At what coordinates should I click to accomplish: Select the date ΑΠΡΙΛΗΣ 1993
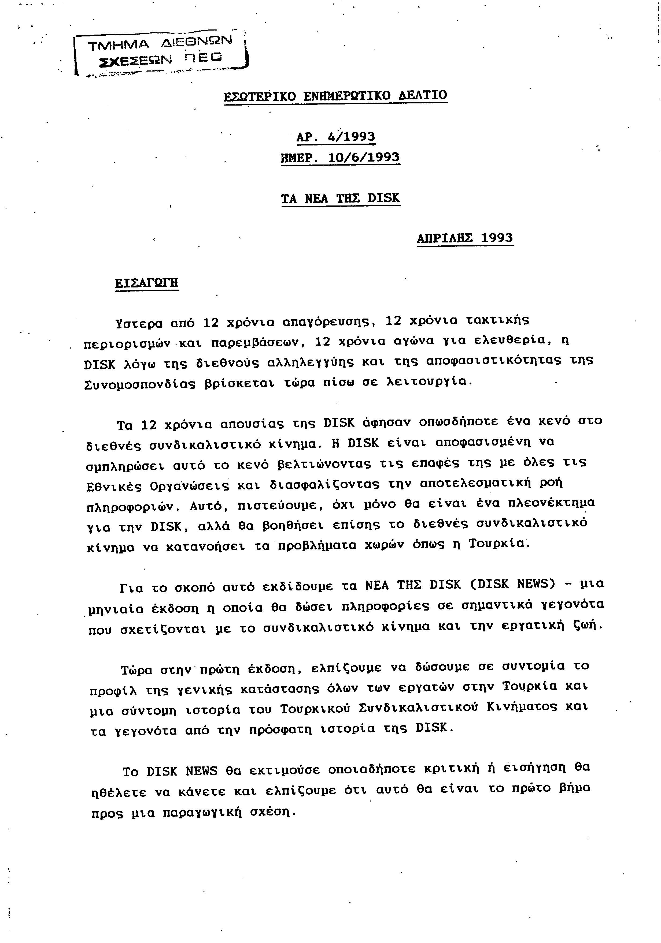[465, 238]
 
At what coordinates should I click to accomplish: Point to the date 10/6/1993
[364, 158]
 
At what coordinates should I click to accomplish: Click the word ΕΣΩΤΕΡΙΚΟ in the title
[260, 96]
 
